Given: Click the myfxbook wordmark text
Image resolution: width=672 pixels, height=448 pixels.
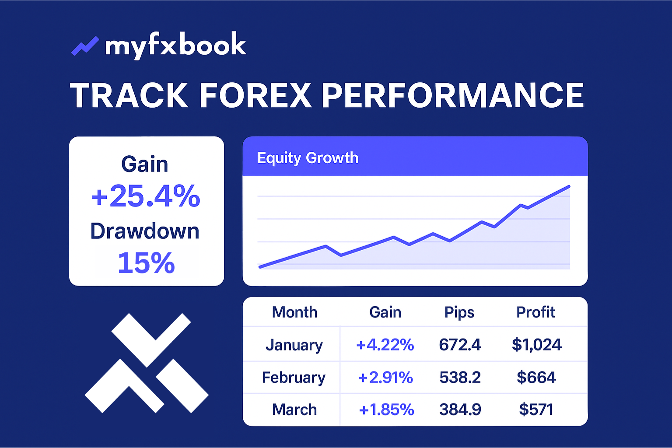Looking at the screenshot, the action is (x=175, y=45).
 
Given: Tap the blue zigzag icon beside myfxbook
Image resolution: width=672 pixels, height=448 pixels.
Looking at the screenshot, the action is (x=85, y=46).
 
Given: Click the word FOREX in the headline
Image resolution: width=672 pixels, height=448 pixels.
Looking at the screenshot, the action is (x=255, y=95).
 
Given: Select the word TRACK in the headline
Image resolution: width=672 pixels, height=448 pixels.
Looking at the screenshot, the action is (x=129, y=95).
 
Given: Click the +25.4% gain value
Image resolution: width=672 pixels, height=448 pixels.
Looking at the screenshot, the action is (x=146, y=196).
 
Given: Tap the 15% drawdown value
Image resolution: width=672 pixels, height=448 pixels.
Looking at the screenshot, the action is (x=146, y=263).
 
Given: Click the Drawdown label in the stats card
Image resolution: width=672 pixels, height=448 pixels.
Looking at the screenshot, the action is (x=145, y=231).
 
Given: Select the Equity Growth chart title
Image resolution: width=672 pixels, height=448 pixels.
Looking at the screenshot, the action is (x=308, y=158).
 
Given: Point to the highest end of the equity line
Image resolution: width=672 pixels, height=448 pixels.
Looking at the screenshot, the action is (x=569, y=187).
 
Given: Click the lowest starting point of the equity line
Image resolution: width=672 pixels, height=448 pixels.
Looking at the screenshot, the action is (x=260, y=267).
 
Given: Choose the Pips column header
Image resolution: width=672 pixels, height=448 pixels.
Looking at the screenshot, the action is (x=459, y=313).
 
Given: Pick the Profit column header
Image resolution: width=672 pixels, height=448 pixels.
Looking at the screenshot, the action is (x=536, y=312).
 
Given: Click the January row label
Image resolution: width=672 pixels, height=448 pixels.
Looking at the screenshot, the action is (x=294, y=345).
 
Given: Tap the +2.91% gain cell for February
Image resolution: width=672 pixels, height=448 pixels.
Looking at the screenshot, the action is (x=385, y=377).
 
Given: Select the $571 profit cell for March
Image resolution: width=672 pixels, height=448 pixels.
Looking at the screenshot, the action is (x=536, y=409).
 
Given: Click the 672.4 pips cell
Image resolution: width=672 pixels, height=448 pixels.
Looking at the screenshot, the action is (x=460, y=344).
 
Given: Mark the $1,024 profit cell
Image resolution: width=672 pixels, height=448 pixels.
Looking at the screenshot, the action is (x=537, y=344).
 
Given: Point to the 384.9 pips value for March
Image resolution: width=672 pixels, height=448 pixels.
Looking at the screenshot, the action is (x=460, y=409).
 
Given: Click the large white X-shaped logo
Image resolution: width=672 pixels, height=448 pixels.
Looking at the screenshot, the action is (x=147, y=363).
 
